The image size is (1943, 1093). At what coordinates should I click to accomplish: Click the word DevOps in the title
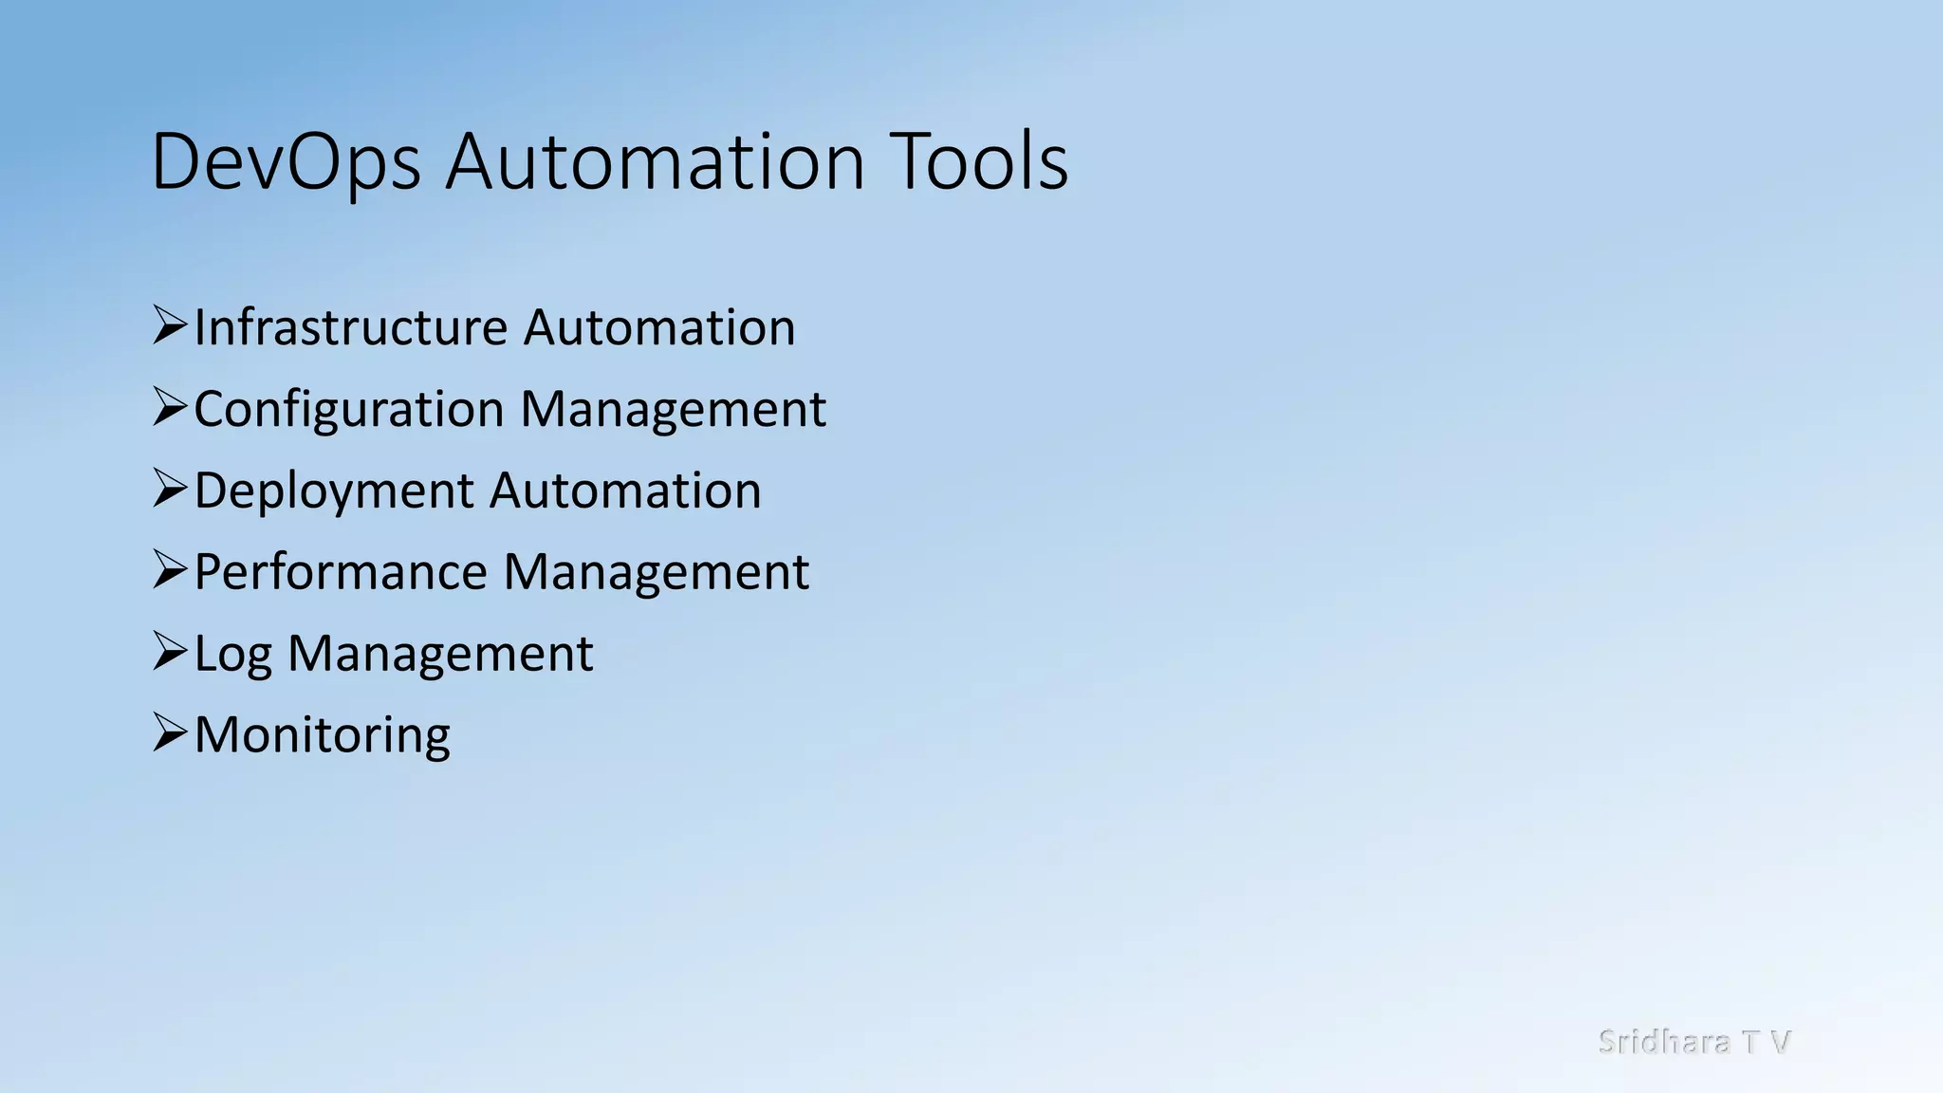click(x=286, y=162)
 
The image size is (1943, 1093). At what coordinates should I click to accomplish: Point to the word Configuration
click(x=348, y=410)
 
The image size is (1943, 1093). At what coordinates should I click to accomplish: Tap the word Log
click(x=232, y=655)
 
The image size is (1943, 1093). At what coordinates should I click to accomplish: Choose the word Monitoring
click(x=323, y=735)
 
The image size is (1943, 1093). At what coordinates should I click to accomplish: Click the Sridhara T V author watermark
click(x=1693, y=1042)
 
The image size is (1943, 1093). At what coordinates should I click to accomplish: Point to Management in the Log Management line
click(x=440, y=654)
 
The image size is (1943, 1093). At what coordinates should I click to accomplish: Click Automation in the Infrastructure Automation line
click(x=659, y=327)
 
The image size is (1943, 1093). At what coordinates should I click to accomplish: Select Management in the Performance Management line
click(x=656, y=572)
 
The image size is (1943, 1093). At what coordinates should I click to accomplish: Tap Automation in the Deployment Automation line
click(x=625, y=491)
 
